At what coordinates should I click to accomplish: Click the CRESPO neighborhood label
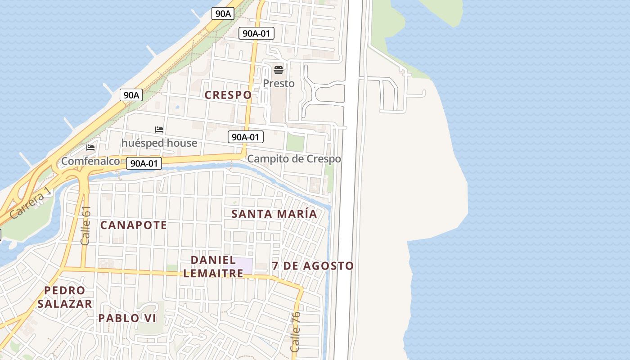coord(228,95)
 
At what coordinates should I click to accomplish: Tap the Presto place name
coord(279,83)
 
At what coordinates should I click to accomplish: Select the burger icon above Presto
coord(279,70)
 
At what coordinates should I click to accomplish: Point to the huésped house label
coord(159,143)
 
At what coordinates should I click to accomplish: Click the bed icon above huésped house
coord(159,130)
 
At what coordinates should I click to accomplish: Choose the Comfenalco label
coord(90,161)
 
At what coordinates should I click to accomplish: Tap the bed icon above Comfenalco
coord(90,147)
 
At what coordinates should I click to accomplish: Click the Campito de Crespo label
coord(294,159)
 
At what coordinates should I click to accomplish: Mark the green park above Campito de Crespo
coord(295,143)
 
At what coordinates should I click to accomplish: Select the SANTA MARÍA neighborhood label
coord(274,214)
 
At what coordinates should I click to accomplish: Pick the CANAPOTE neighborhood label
coord(133,225)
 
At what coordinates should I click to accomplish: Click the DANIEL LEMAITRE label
coord(213,266)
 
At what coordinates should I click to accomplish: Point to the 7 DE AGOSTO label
coord(313,266)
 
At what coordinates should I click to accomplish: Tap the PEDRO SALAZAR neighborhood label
coord(65,297)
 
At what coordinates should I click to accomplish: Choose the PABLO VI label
coord(127,318)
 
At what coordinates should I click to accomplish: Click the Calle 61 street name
coord(85,226)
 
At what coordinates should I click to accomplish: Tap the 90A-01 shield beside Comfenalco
coord(144,163)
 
